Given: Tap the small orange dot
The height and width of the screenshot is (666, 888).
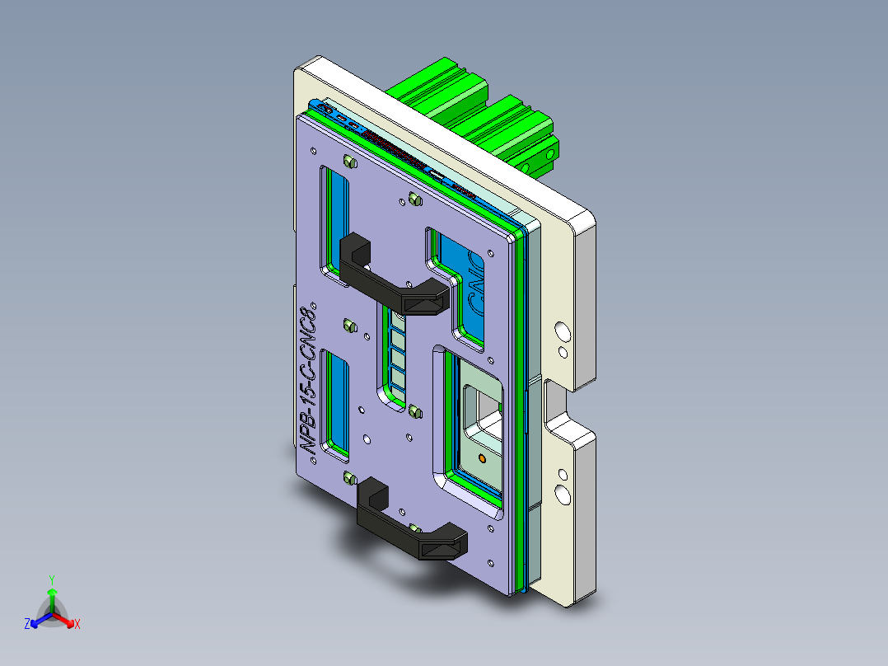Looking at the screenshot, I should (x=481, y=457).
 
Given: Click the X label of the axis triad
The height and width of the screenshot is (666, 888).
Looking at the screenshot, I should (x=77, y=625).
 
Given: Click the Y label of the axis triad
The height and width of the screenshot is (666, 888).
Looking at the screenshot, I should (x=51, y=579).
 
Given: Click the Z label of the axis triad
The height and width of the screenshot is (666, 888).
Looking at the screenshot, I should (x=27, y=625).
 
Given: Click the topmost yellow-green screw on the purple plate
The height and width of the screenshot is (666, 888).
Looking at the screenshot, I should (x=348, y=162).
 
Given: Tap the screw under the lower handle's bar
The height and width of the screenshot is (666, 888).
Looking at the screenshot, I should (x=415, y=528).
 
